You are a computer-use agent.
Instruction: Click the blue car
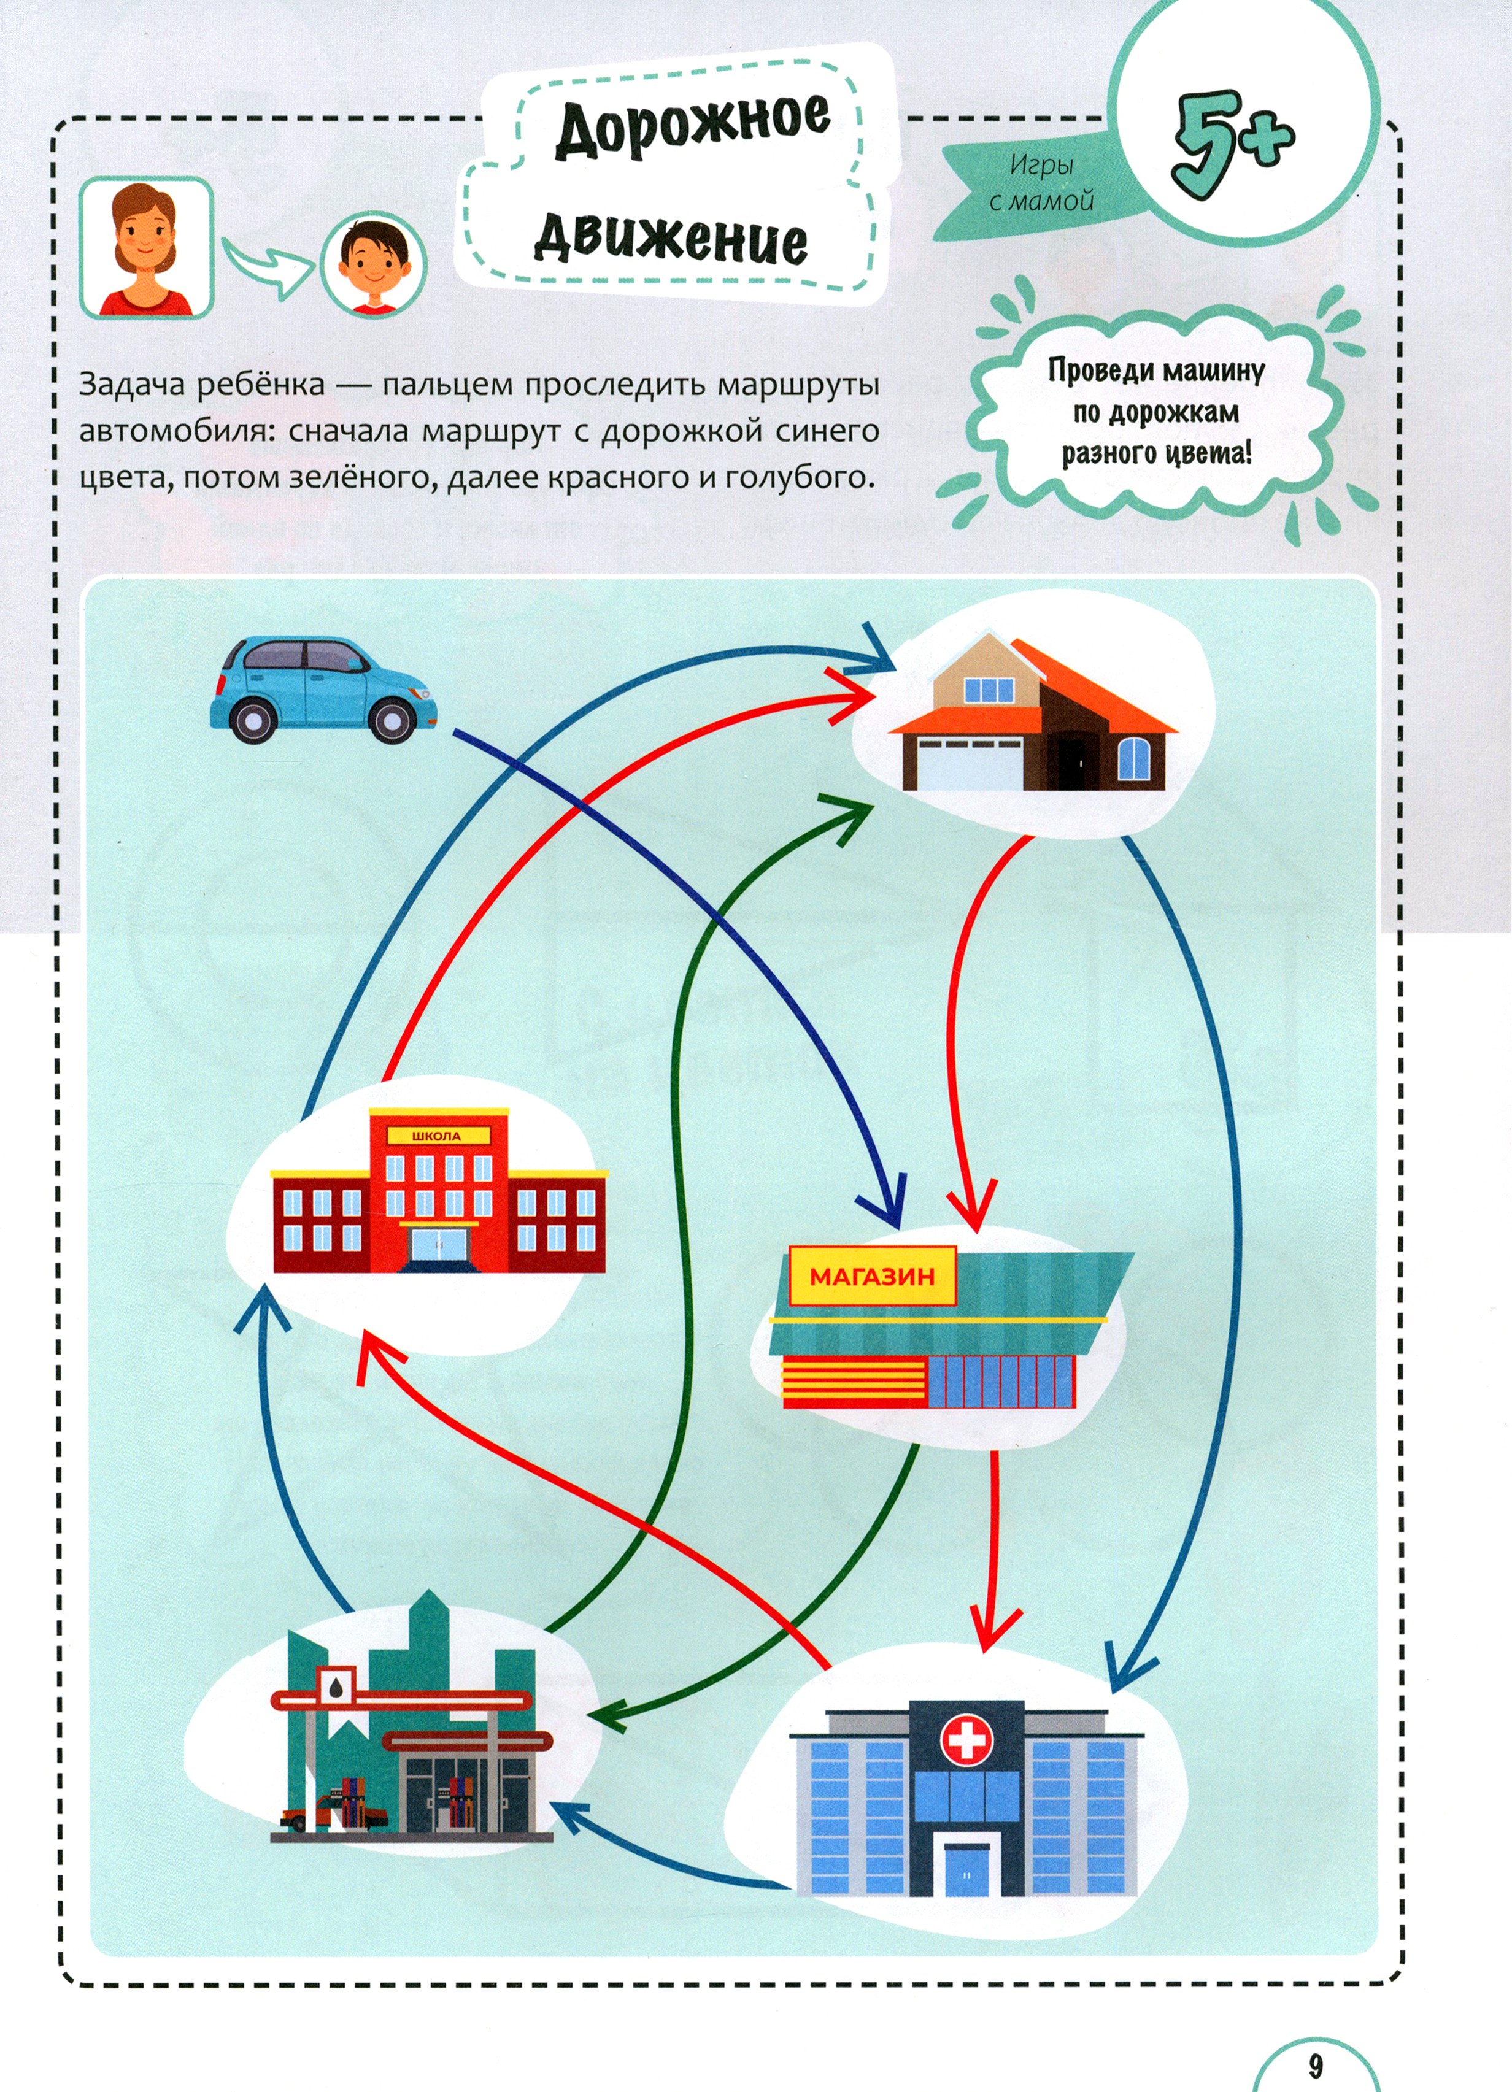point(323,688)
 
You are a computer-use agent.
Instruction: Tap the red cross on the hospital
point(966,1740)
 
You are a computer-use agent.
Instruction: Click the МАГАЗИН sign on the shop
point(872,1277)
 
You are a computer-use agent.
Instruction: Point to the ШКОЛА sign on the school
point(436,1136)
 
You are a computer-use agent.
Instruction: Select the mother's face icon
point(146,247)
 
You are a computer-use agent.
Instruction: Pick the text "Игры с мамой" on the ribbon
point(1041,183)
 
